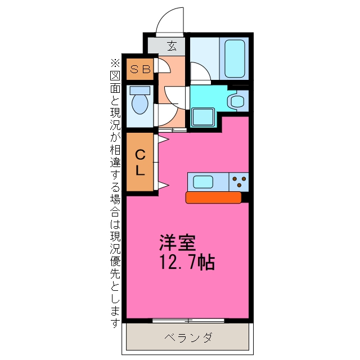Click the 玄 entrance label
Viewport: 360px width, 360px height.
click(172, 46)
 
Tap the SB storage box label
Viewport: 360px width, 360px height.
click(140, 69)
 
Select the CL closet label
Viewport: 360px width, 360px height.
click(140, 163)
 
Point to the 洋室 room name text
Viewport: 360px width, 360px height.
click(178, 242)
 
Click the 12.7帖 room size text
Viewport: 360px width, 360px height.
click(187, 262)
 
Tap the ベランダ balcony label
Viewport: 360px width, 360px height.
click(188, 337)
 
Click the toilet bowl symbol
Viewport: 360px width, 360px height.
click(140, 100)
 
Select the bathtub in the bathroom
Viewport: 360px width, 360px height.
click(235, 58)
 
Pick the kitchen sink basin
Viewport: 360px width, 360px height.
click(203, 182)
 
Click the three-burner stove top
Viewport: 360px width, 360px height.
click(238, 182)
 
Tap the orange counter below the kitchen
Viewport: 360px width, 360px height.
click(213, 197)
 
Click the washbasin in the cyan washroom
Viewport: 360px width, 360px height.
click(237, 101)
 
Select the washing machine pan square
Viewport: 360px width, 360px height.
click(203, 118)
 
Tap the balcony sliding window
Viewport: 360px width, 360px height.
click(188, 321)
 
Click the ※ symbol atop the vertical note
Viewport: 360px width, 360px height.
click(115, 62)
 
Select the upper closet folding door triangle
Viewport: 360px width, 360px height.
click(164, 139)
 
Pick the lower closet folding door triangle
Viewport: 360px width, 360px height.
click(164, 186)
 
